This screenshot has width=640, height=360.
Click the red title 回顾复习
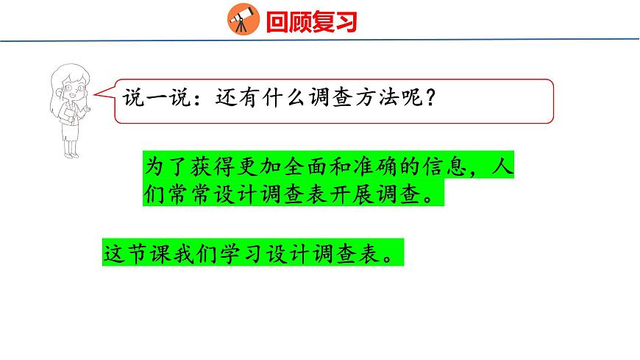tap(311, 21)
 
